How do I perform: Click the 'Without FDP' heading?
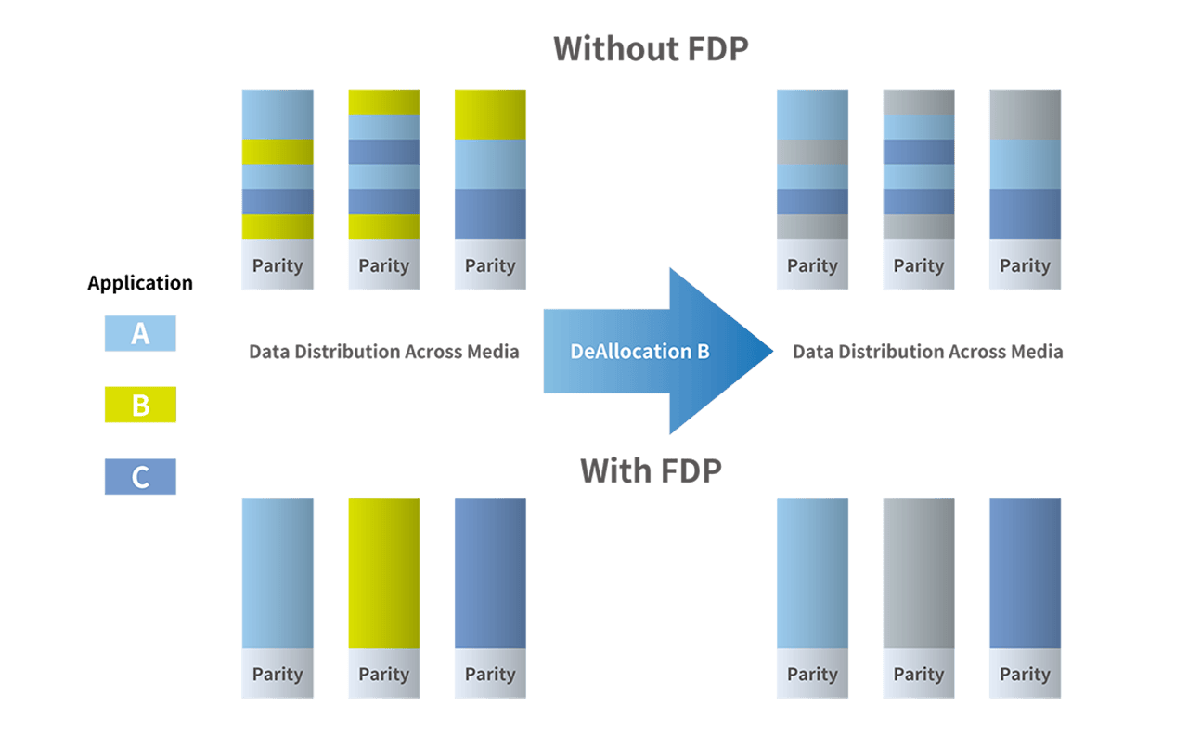[x=651, y=48]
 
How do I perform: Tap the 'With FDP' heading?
[x=651, y=470]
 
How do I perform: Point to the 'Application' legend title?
[x=140, y=283]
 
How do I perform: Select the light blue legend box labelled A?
[x=140, y=333]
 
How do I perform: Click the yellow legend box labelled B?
[x=140, y=405]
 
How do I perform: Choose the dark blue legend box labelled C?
[x=140, y=477]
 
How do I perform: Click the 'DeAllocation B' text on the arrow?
[x=640, y=352]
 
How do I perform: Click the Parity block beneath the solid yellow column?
[x=384, y=674]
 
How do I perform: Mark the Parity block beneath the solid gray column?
[x=919, y=674]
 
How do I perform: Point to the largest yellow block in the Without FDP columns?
[x=490, y=114]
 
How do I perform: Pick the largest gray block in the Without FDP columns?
[x=1025, y=114]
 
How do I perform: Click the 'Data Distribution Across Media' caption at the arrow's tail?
[x=384, y=352]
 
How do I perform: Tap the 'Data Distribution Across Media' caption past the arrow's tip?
[x=928, y=352]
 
